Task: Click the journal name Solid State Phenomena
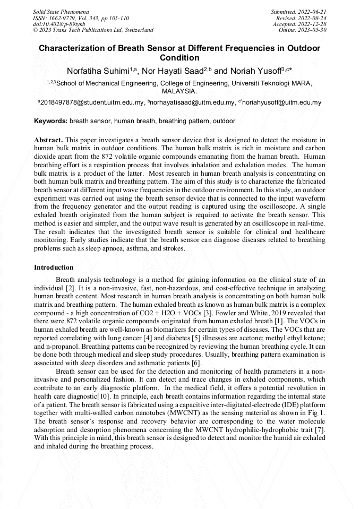[x=60, y=11]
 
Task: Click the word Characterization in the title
[x=72, y=48]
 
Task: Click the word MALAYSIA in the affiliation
[x=179, y=91]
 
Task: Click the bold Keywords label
[x=50, y=121]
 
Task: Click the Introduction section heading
[x=54, y=267]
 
